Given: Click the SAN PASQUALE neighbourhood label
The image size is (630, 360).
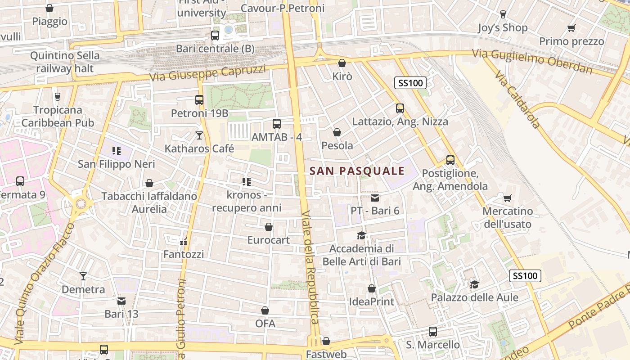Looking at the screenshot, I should (357, 171).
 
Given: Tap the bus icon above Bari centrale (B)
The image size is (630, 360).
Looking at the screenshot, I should (215, 35).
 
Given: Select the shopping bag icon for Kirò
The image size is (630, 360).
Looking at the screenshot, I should (342, 63).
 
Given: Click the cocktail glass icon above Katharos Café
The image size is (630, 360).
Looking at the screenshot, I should (199, 135).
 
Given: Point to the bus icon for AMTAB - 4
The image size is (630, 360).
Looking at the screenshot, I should (277, 124).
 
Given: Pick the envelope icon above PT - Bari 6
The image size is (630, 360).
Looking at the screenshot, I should (375, 198).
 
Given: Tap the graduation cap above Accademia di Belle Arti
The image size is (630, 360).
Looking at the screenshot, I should (361, 235).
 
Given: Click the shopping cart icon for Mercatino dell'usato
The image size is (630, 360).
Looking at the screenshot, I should (507, 198).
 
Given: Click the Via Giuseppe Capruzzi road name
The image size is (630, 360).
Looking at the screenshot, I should (207, 73).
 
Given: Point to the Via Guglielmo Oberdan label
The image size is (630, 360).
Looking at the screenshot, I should (532, 62).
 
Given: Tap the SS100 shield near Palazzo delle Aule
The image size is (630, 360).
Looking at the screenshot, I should (525, 276).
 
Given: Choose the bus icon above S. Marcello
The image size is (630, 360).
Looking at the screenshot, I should (433, 332).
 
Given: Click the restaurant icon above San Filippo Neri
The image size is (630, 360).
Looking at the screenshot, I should (117, 151).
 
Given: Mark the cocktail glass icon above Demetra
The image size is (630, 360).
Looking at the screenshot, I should (83, 276).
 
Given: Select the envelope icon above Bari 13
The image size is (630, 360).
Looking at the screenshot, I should (121, 301).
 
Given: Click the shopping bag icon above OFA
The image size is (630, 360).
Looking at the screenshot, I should (265, 310).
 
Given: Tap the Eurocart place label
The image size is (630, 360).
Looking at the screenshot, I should (269, 240).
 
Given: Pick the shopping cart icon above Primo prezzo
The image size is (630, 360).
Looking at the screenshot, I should (571, 28).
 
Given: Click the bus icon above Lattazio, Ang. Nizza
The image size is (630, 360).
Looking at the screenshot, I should (400, 108).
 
